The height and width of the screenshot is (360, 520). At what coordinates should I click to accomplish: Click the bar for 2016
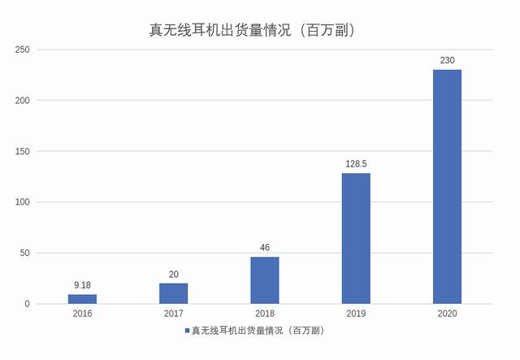82,299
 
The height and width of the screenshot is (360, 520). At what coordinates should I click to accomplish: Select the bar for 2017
173,293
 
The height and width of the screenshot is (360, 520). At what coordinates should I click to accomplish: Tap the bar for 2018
264,280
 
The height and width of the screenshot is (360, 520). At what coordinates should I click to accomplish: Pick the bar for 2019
356,238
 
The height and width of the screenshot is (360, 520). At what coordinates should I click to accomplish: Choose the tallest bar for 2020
447,187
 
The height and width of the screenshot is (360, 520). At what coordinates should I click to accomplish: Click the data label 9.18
82,285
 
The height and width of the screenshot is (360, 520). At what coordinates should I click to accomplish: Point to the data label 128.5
356,164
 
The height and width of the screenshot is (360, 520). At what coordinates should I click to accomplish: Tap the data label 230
447,61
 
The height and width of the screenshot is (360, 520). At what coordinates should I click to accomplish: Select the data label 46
264,248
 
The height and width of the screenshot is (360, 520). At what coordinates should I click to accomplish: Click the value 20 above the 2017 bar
173,275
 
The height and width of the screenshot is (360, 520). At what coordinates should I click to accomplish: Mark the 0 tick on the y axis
28,304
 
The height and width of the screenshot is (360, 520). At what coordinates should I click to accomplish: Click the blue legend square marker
186,332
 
